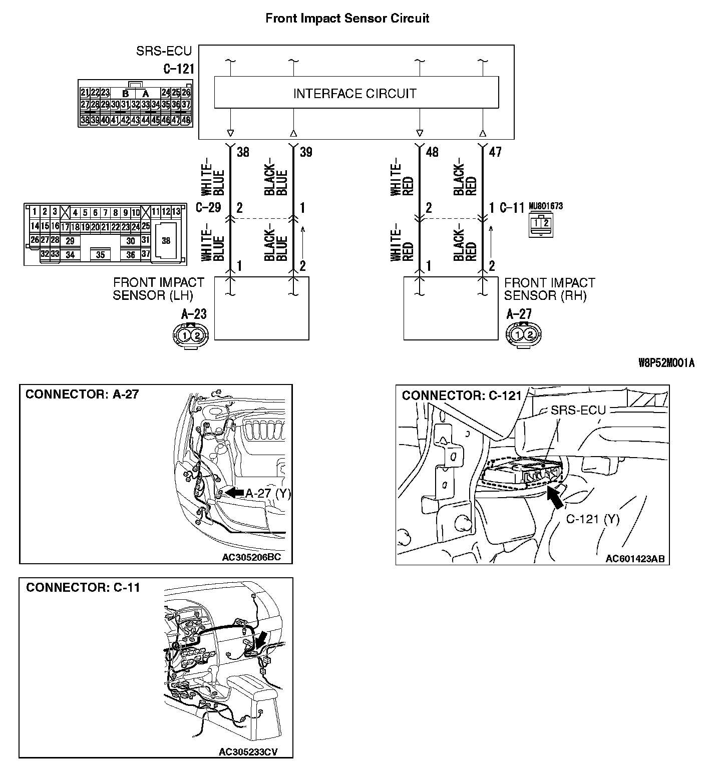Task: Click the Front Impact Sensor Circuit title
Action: point(347,19)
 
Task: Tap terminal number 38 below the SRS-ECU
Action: point(243,152)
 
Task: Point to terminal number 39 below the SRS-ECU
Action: point(306,152)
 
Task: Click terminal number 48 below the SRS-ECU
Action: point(432,152)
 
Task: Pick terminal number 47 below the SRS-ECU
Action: point(495,152)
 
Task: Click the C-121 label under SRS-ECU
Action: point(178,69)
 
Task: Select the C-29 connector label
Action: point(208,207)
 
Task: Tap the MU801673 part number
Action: point(545,206)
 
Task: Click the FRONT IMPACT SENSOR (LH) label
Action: point(158,289)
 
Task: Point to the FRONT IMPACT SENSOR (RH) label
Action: point(549,289)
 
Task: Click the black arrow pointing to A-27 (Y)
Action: point(233,493)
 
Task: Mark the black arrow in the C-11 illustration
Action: point(260,641)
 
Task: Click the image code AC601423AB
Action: point(634,559)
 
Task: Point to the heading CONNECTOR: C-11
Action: point(83,587)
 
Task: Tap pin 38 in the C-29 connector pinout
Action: point(166,241)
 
